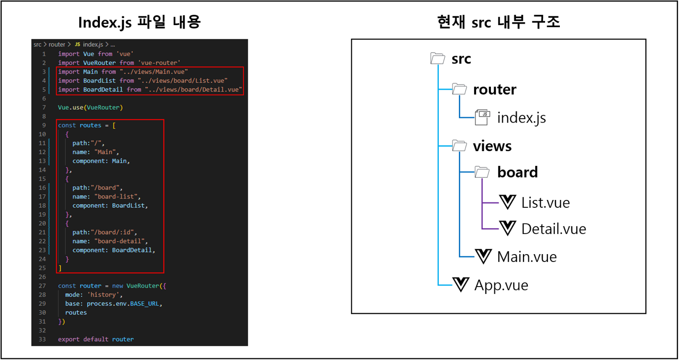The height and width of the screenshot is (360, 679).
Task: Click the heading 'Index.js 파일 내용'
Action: point(139,23)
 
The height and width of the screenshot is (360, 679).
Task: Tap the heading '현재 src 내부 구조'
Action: point(498,23)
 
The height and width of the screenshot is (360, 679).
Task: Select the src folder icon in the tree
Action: point(438,59)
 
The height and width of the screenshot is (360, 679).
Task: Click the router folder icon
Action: point(459,89)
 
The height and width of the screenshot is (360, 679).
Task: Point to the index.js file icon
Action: point(483,117)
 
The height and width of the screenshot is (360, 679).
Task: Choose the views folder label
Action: point(492,146)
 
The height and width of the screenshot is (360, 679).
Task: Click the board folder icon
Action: point(482,172)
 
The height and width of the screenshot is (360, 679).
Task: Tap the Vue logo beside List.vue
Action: point(507,202)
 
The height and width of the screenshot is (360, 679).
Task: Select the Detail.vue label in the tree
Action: point(553,229)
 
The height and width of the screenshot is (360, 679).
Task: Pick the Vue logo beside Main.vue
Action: point(484,256)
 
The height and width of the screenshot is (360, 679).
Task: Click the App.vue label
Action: point(501,285)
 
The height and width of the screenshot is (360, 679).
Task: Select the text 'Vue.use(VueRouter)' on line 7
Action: point(90,107)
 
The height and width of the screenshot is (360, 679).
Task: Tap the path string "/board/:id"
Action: point(113,232)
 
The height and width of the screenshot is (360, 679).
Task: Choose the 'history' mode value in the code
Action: point(104,295)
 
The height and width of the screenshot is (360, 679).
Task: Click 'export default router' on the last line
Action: point(96,339)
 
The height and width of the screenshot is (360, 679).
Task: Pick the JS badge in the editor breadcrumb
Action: point(77,44)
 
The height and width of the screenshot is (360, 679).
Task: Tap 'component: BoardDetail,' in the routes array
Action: point(114,250)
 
